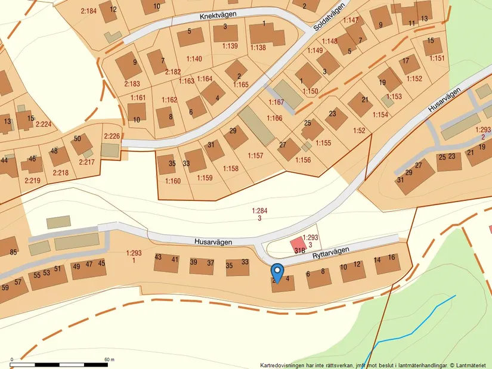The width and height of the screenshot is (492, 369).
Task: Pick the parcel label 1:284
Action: coord(259,210)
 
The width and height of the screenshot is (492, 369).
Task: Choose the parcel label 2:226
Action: coord(112,137)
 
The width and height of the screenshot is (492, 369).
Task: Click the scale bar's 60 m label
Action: coord(109,360)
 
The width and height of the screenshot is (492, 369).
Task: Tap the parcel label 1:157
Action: coord(255,156)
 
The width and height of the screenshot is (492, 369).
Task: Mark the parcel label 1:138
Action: coord(258,47)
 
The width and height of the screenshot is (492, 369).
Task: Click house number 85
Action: coord(13,252)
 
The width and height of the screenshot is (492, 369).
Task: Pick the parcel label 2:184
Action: coord(88,11)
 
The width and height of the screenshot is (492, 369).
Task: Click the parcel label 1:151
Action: coord(437,58)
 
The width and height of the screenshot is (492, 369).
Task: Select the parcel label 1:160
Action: coord(173,181)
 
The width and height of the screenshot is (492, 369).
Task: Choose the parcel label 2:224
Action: coord(44,125)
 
